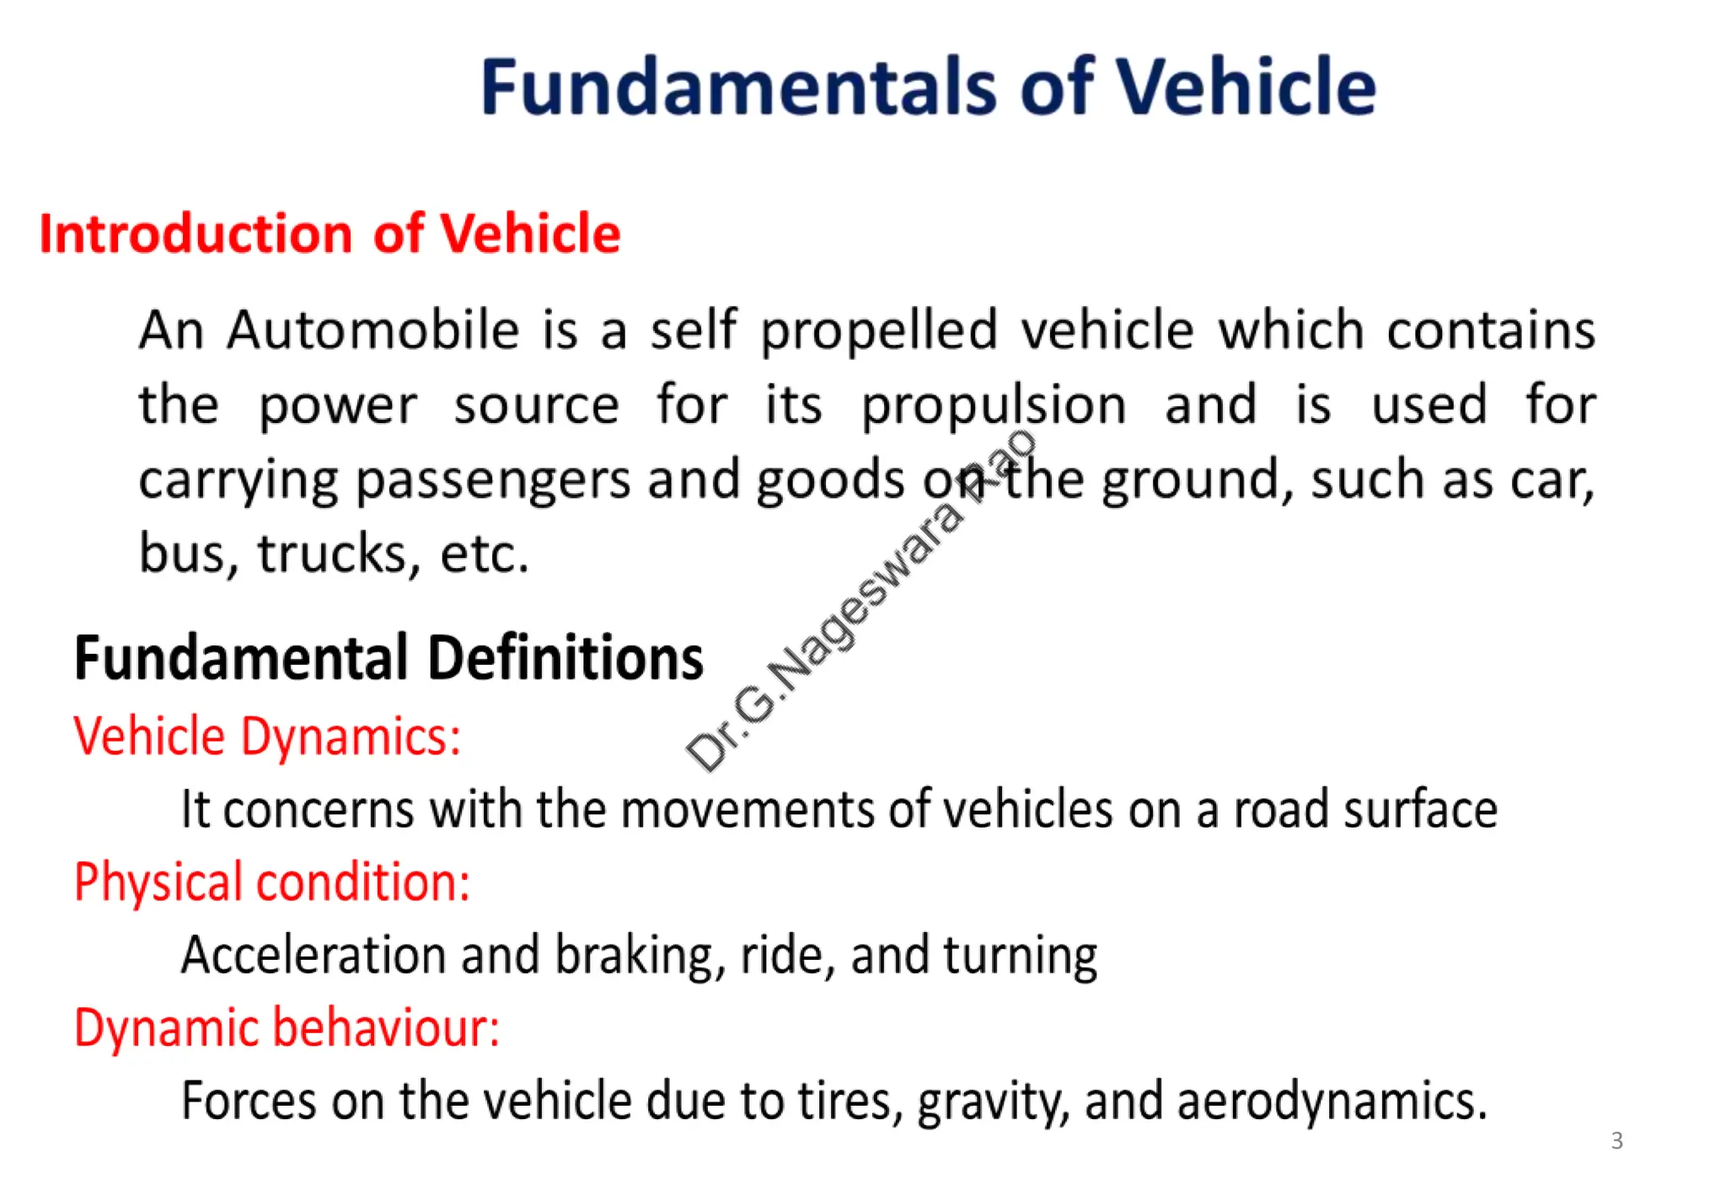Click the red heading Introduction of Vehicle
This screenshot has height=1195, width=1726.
(x=330, y=233)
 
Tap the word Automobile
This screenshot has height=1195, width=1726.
(x=373, y=330)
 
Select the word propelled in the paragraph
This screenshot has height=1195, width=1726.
(x=879, y=331)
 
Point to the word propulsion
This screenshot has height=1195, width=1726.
(x=993, y=406)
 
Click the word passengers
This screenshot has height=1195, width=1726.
(x=492, y=481)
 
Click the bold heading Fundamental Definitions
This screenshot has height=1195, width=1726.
(x=389, y=658)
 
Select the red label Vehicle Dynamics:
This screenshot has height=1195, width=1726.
(x=267, y=737)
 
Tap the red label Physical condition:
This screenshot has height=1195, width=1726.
(x=271, y=882)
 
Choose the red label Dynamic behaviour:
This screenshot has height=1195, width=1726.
(x=287, y=1028)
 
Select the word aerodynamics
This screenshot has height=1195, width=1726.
(x=1331, y=1101)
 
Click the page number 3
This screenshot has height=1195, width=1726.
(x=1616, y=1140)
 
